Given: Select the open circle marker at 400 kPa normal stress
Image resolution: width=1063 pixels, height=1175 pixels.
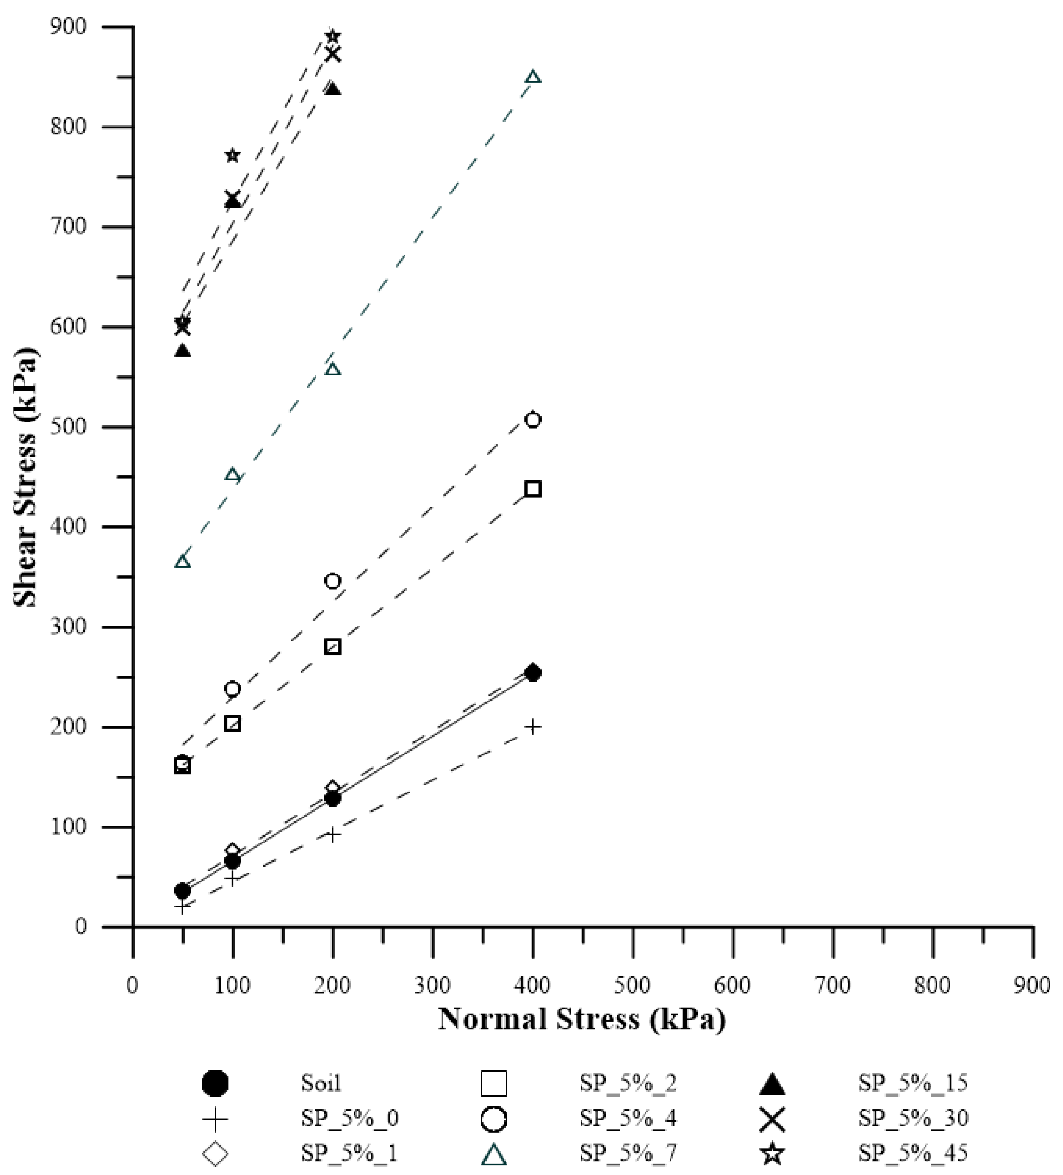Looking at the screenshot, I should point(532,420).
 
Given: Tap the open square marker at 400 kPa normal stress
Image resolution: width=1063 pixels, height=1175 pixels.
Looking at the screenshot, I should point(532,488).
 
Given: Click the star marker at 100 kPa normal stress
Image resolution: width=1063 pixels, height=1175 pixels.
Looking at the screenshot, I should point(232,155).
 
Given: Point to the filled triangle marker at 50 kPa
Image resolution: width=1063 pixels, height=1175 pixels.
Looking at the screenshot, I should point(182,351).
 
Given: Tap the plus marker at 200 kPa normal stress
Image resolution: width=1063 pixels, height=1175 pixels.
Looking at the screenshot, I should point(332,835).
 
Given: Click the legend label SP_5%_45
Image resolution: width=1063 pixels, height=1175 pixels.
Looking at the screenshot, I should point(912,1152).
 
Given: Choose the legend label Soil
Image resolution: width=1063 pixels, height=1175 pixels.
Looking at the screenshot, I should point(320,1083).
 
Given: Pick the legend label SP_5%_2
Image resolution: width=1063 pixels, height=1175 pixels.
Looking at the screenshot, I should point(628,1083).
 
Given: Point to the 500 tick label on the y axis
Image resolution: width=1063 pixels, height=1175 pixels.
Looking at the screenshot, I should point(68,427).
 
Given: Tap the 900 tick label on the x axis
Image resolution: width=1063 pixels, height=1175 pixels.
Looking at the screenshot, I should point(1032,985).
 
